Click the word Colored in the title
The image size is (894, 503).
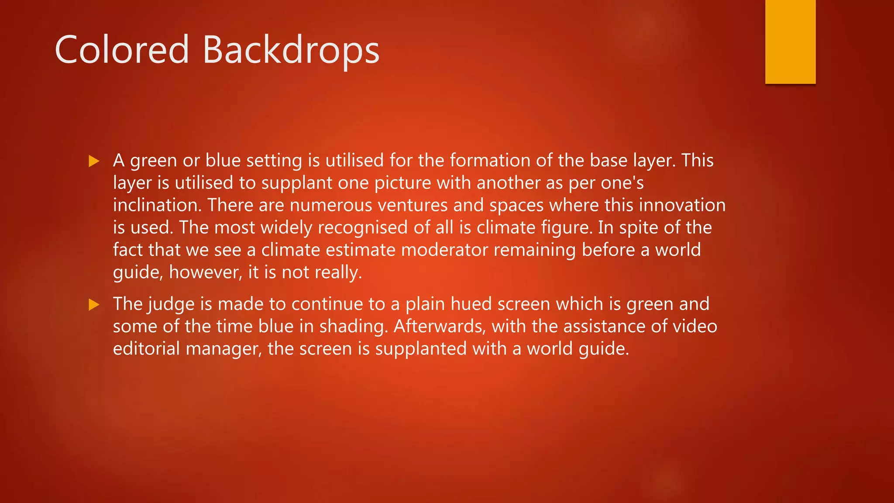point(122,50)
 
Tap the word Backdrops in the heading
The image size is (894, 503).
point(291,50)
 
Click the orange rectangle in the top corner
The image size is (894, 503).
point(790,41)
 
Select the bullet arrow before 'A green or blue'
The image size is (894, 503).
point(94,161)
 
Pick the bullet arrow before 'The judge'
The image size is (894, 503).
point(94,304)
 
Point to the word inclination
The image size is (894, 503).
point(157,205)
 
